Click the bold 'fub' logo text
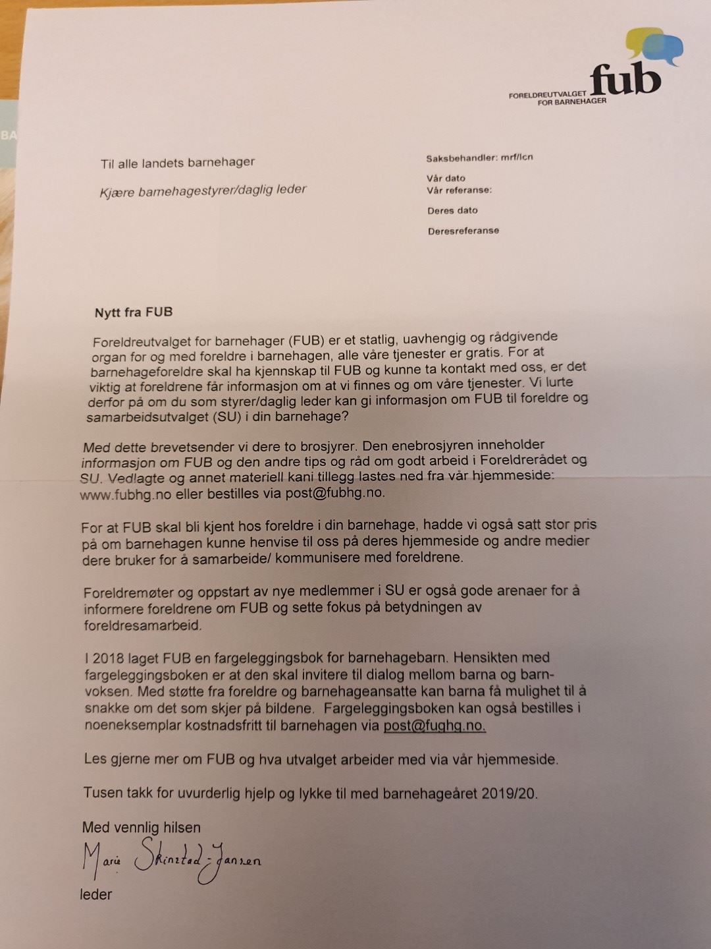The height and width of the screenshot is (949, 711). tap(625, 79)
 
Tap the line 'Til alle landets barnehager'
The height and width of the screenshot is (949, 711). tap(177, 162)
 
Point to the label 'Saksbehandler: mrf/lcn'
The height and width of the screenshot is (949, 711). tap(479, 158)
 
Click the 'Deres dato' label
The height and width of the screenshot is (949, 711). tap(452, 210)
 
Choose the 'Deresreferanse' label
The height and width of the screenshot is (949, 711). tap(463, 231)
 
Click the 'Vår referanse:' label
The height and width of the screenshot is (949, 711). tap(459, 190)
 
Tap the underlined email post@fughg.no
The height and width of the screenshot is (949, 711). tap(434, 726)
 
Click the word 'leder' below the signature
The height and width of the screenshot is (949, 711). tap(96, 894)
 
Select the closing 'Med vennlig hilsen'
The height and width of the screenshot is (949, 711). tap(141, 828)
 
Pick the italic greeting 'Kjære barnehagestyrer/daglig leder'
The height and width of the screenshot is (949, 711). tap(203, 190)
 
